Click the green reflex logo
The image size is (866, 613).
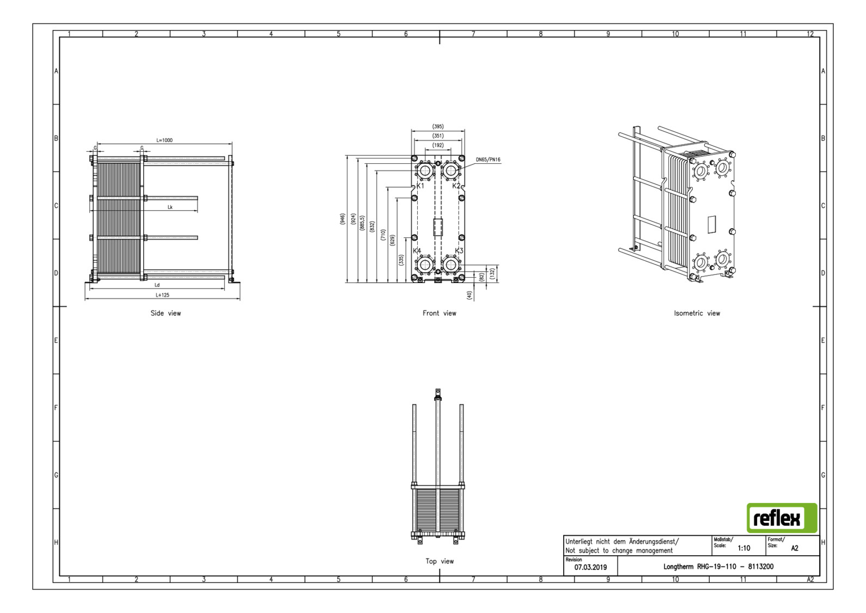point(782,518)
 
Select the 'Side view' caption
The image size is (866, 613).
point(166,313)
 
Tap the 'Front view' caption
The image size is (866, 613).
point(439,313)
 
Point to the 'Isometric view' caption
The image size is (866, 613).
point(697,313)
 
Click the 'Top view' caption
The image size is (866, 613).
point(439,561)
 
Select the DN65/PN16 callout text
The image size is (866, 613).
point(487,160)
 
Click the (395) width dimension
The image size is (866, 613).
point(438,126)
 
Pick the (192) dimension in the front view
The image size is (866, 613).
point(438,145)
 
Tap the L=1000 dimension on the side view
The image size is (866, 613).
point(164,140)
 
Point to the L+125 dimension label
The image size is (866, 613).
point(162,295)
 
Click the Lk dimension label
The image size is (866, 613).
point(170,207)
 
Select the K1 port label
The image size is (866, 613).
point(420,186)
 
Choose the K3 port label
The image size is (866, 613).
point(459,251)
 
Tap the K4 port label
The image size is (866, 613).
point(417,251)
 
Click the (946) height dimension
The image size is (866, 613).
point(343,219)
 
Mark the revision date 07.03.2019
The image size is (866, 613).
point(590,567)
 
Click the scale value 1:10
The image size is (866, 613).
point(743,548)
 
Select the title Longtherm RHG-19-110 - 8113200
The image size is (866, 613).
point(718,567)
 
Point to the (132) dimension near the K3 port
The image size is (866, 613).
point(492,273)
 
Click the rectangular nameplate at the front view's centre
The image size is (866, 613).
point(438,227)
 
